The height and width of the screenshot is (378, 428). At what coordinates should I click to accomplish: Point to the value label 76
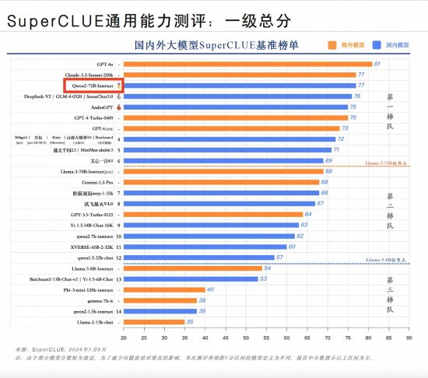point(357,96)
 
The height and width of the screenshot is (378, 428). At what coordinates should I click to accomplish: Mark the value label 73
point(345,128)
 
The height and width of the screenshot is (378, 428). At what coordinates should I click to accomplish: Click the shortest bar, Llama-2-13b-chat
point(153,321)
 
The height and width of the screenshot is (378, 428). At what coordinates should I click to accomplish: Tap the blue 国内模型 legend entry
point(392,45)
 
